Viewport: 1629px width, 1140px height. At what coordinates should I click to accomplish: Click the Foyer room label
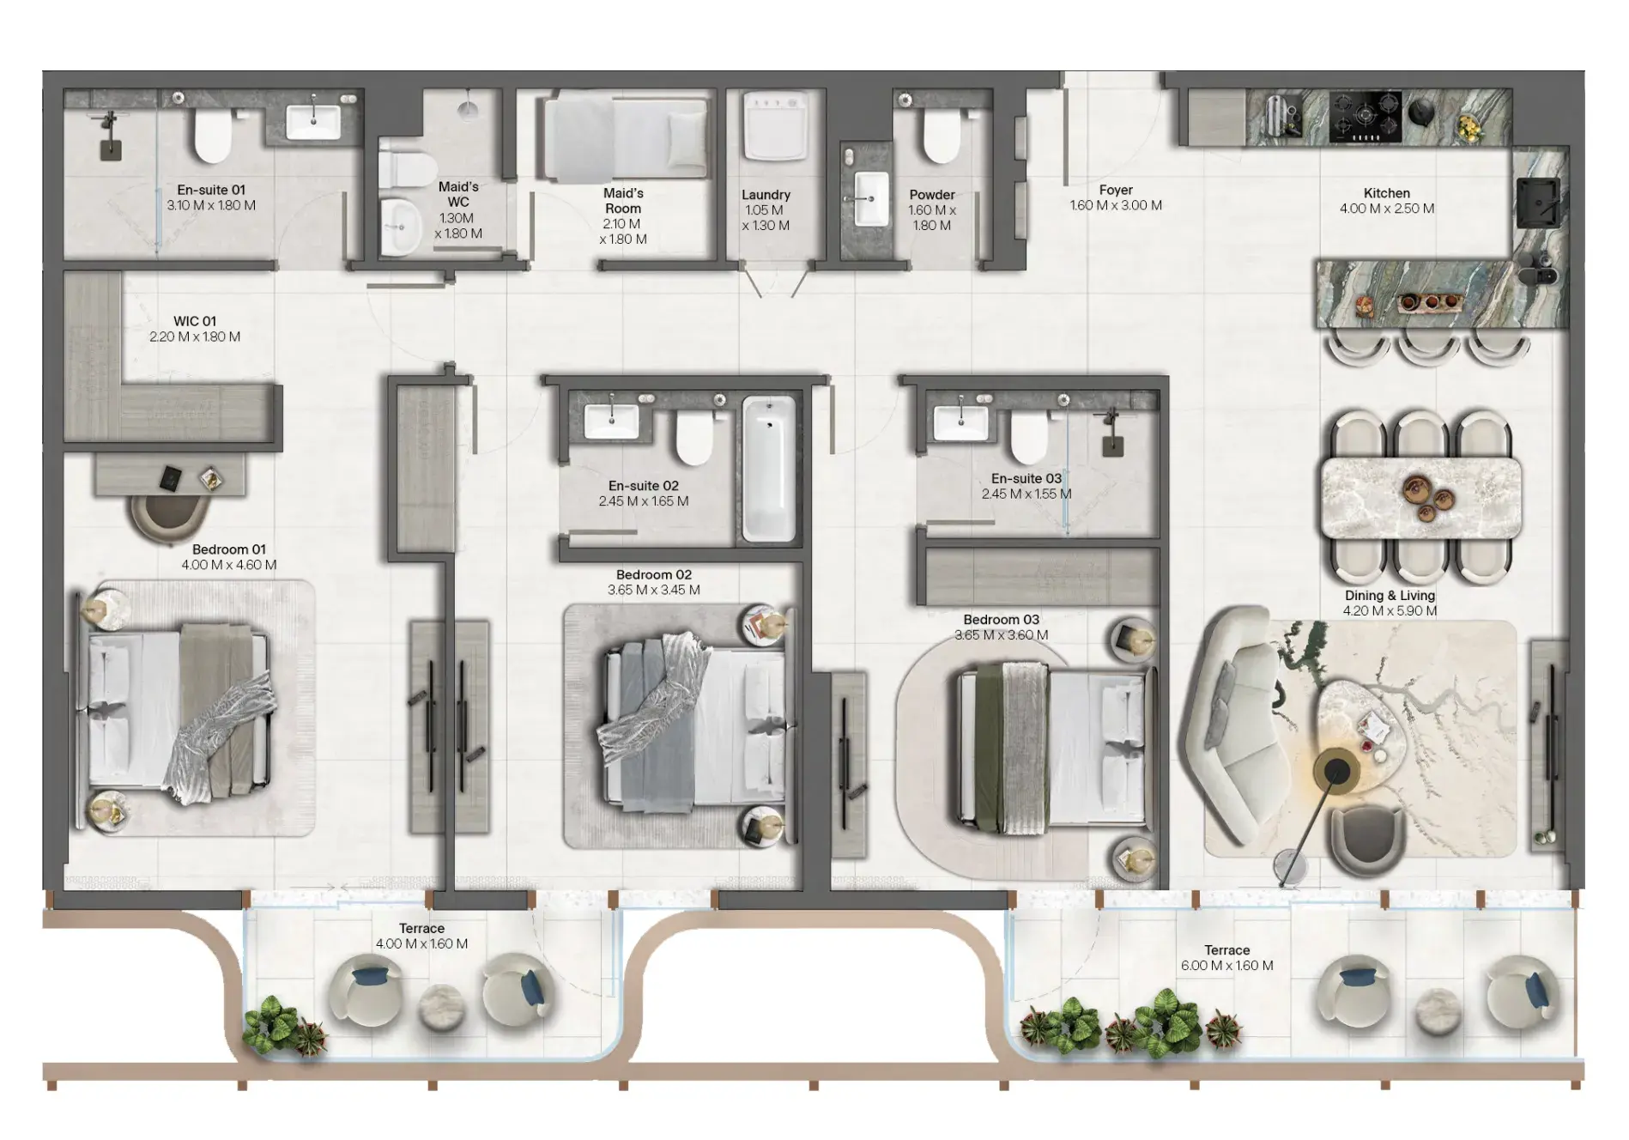click(1116, 190)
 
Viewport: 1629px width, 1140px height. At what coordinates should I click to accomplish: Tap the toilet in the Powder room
click(941, 134)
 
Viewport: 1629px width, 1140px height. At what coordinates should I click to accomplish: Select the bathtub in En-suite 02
click(768, 468)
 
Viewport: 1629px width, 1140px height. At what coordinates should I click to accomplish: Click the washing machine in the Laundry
click(776, 127)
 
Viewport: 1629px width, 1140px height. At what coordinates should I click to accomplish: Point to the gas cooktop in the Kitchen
click(1365, 118)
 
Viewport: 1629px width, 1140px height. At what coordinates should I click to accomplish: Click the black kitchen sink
click(1538, 202)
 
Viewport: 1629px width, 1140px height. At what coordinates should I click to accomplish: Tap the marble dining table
click(1421, 498)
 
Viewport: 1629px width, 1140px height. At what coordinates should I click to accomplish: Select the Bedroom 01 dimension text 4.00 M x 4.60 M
click(229, 565)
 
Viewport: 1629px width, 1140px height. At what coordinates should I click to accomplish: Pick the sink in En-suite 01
click(313, 121)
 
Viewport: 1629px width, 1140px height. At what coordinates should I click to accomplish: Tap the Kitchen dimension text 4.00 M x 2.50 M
click(1387, 209)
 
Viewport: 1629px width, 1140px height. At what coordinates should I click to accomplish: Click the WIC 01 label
click(195, 321)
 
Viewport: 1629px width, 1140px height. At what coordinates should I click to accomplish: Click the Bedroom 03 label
click(1001, 620)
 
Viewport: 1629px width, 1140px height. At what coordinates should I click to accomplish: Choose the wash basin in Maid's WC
click(400, 227)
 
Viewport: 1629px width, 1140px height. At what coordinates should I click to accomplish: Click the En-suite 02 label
click(644, 486)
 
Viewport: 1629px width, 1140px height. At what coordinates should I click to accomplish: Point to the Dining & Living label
click(1390, 596)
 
